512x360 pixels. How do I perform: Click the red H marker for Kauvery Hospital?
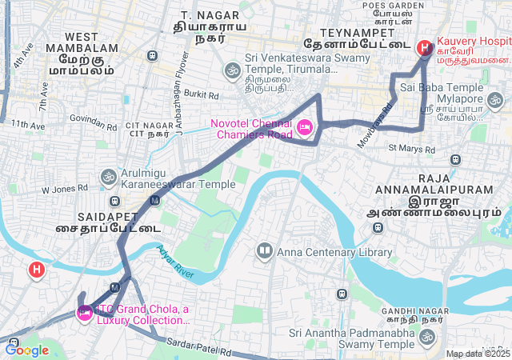click(424, 48)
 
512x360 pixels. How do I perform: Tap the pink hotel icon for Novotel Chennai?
click(304, 128)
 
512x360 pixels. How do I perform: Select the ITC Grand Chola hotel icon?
click(83, 313)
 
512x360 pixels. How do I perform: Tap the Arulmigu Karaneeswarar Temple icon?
click(108, 176)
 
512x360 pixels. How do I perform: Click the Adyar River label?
click(176, 262)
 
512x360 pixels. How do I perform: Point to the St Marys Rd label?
click(411, 149)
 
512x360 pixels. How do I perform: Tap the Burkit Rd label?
click(201, 94)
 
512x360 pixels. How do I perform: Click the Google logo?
click(26, 350)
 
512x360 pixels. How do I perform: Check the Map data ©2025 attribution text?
click(478, 354)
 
